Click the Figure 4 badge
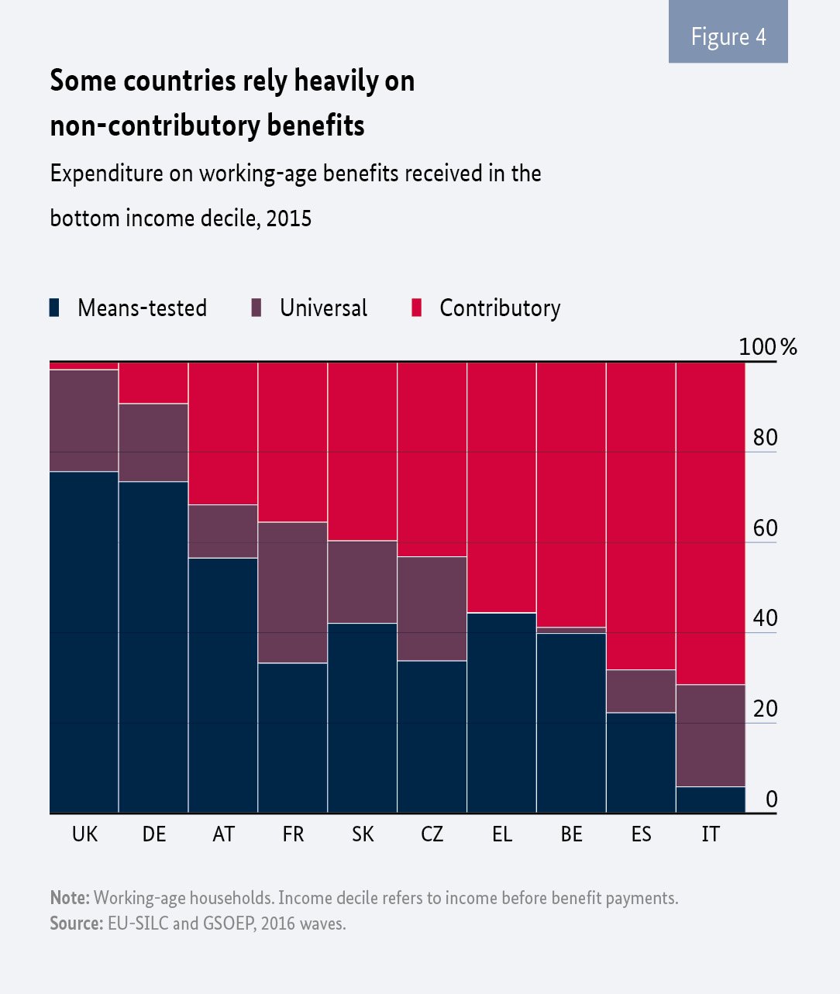point(728,36)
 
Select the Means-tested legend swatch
point(54,308)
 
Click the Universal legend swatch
point(256,308)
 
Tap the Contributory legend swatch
point(417,308)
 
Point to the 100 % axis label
point(767,346)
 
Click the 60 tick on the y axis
point(765,528)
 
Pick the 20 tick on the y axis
point(765,708)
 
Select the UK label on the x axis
point(84,834)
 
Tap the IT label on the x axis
point(711,834)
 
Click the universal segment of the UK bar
point(84,420)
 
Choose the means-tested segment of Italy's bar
point(711,800)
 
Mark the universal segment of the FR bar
point(293,592)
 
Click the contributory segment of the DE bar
point(153,383)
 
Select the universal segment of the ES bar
point(641,691)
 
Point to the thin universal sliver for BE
point(571,630)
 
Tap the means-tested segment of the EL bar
point(502,713)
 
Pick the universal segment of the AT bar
point(223,531)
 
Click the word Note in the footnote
point(70,898)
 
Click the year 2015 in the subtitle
point(288,218)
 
